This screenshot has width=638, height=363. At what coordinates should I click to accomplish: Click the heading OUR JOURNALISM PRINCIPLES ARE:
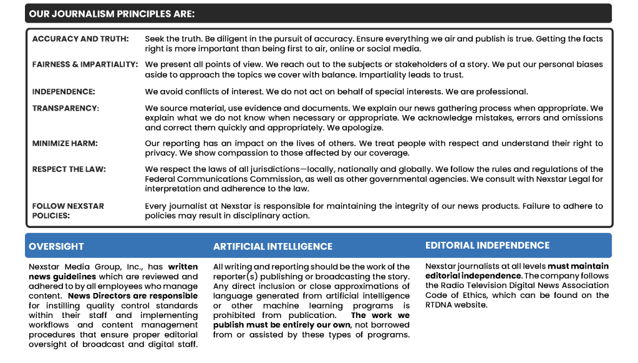coord(112,13)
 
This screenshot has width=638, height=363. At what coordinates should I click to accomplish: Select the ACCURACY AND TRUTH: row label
coord(80,39)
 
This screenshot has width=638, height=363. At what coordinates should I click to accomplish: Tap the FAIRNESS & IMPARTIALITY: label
coord(85,64)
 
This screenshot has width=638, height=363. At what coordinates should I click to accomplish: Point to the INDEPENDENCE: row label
coord(64,91)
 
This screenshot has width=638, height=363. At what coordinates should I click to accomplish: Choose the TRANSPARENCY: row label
coord(65,108)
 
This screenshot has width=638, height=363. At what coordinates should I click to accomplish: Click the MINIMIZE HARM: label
coord(65,143)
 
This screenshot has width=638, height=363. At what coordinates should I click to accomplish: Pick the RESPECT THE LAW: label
coord(69,169)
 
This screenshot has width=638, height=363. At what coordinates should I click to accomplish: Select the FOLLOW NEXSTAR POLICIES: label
coord(68,211)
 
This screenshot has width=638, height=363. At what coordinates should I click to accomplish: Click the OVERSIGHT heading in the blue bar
coord(56,246)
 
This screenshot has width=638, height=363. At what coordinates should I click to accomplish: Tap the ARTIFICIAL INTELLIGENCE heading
coord(273,246)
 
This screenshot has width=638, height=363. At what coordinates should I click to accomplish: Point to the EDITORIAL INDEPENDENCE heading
coord(487,246)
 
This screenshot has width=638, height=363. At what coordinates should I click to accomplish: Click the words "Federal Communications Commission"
coord(217,179)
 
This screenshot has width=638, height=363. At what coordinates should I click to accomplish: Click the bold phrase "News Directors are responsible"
coord(133,296)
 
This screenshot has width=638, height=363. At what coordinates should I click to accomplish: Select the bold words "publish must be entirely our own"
coord(282,325)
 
